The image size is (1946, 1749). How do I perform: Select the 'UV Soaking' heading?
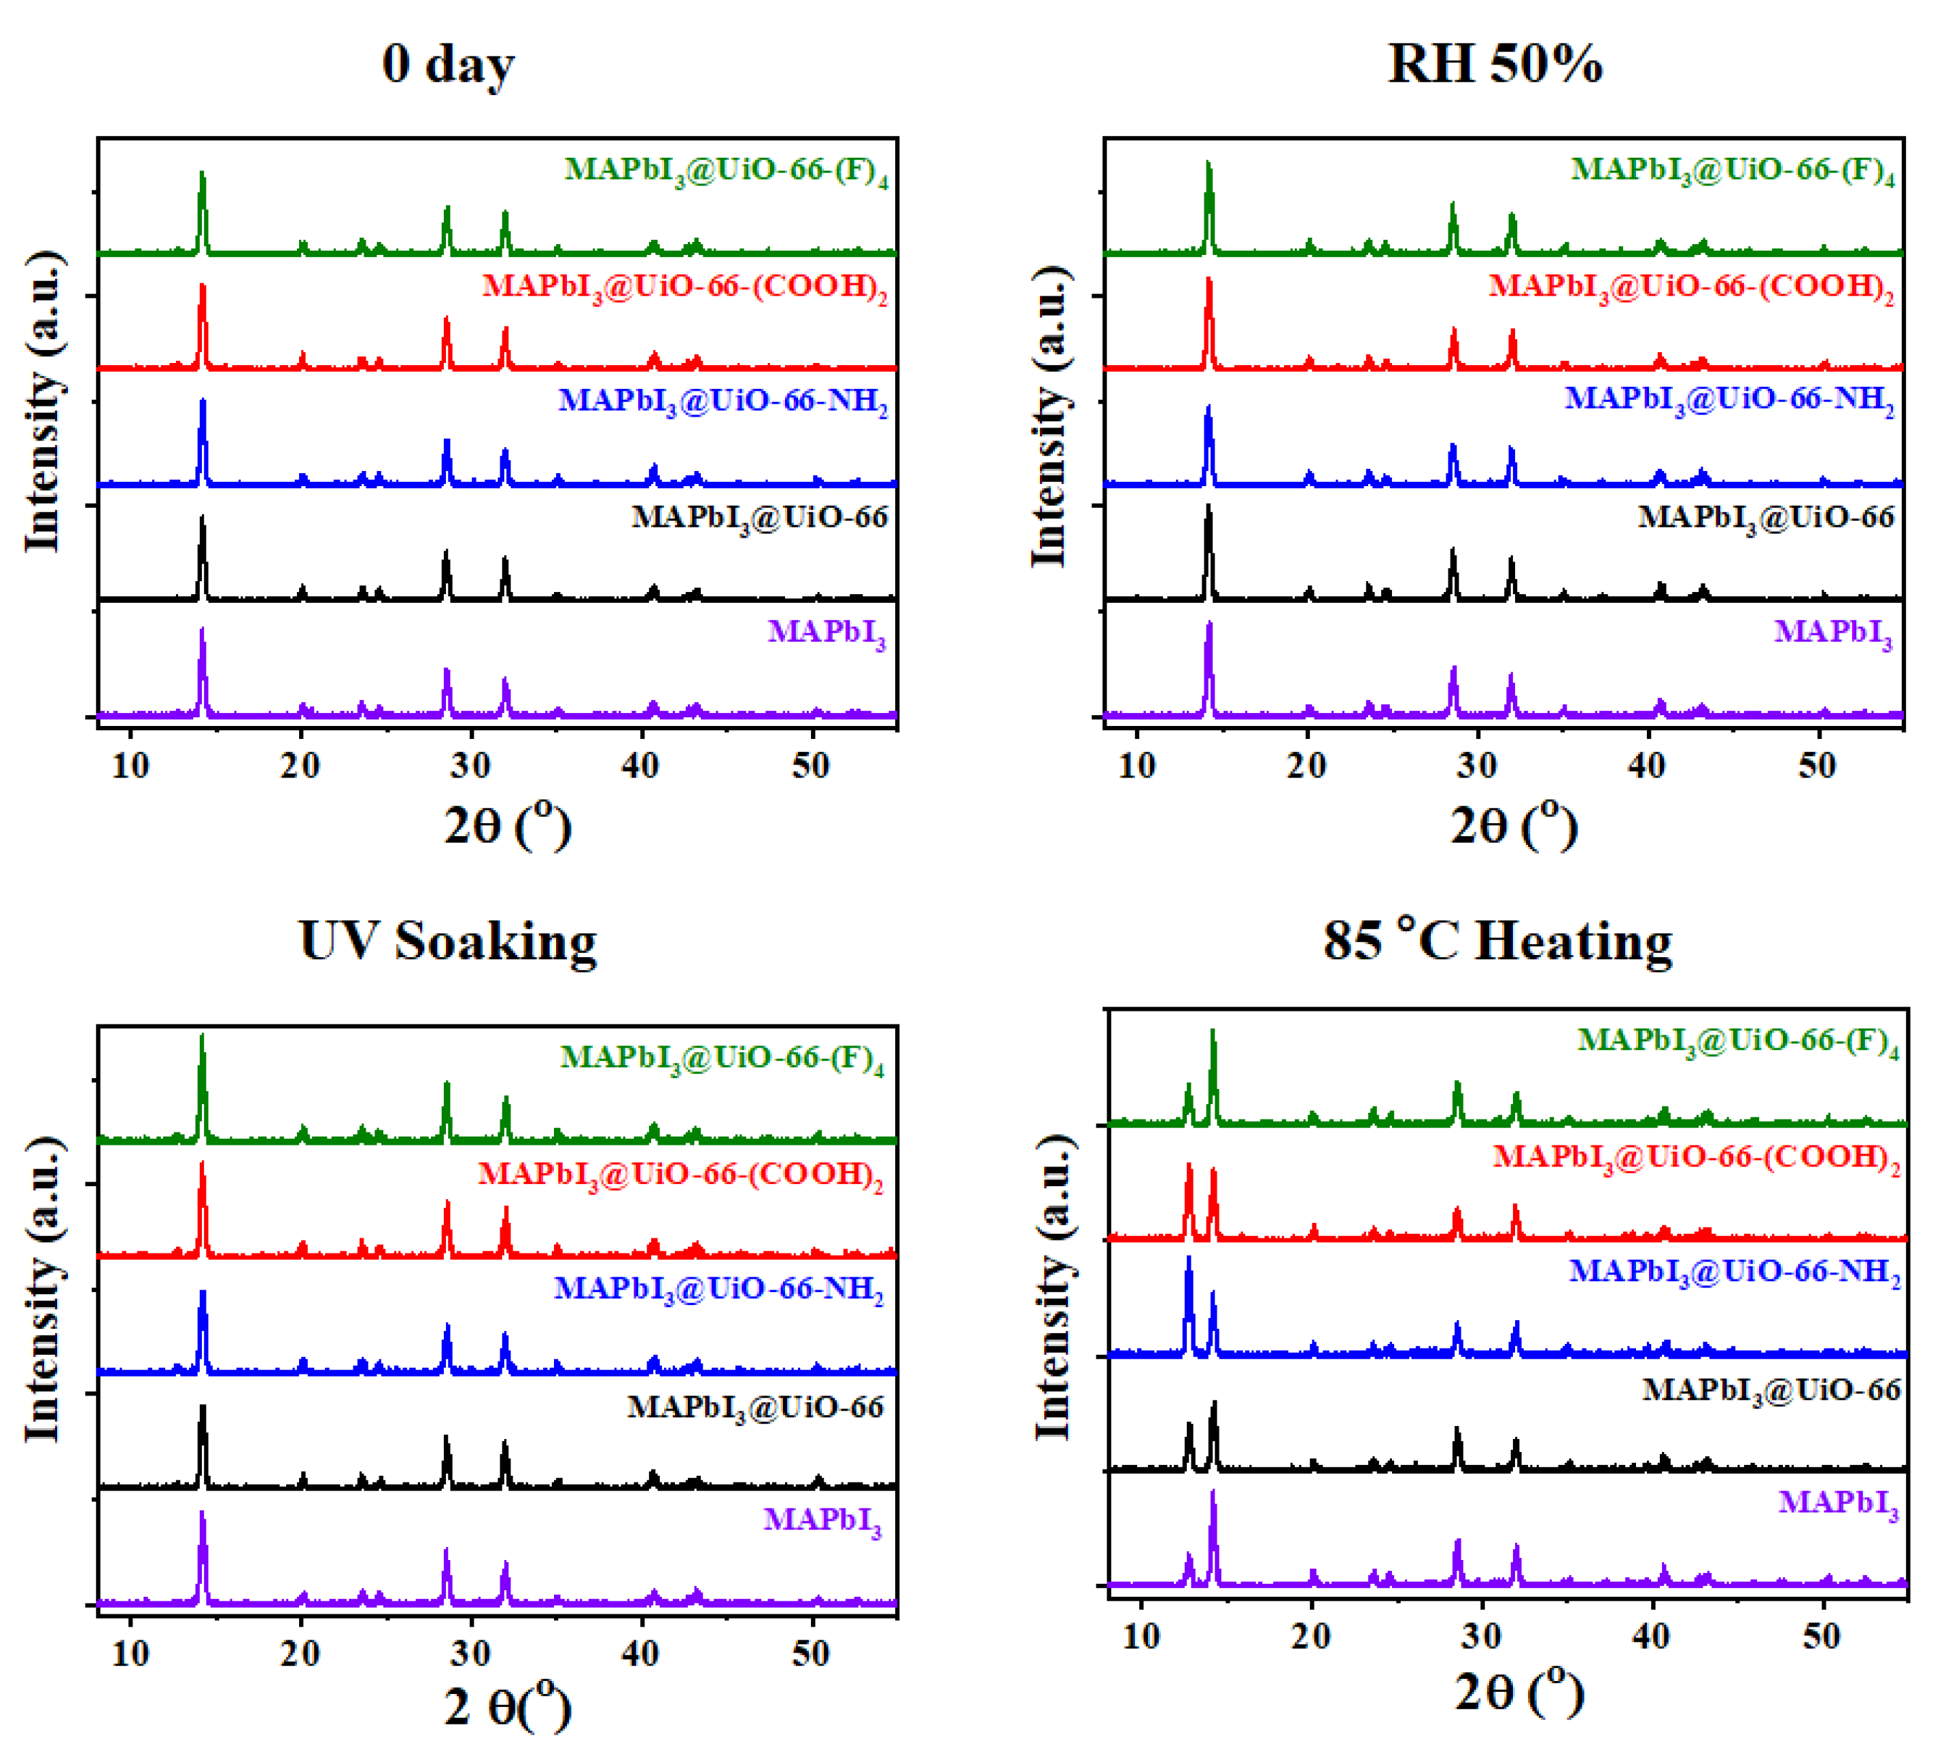coord(448,941)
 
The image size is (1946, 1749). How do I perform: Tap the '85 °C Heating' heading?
coord(1497,941)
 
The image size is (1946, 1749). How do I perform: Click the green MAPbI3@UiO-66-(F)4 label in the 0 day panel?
coord(725,171)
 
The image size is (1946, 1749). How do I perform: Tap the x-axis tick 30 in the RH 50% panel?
coord(1477,766)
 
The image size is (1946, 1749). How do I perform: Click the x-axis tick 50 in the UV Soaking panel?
coord(810,1653)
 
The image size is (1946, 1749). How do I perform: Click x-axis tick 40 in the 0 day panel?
coord(640,766)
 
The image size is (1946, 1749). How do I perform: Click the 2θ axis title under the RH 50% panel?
coord(1514,825)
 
